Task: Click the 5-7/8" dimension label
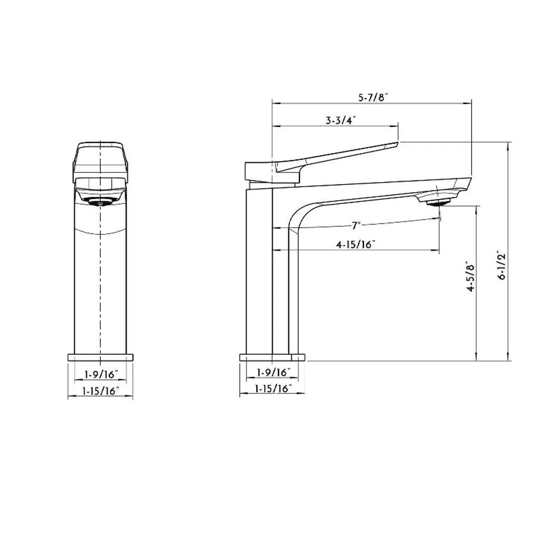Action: click(x=373, y=97)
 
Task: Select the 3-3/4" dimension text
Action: click(x=341, y=121)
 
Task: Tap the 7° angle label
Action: click(x=356, y=225)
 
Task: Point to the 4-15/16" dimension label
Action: click(x=355, y=244)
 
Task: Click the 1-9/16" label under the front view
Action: click(x=101, y=374)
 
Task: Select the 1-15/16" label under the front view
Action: click(x=101, y=391)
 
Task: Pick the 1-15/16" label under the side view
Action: click(x=273, y=388)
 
